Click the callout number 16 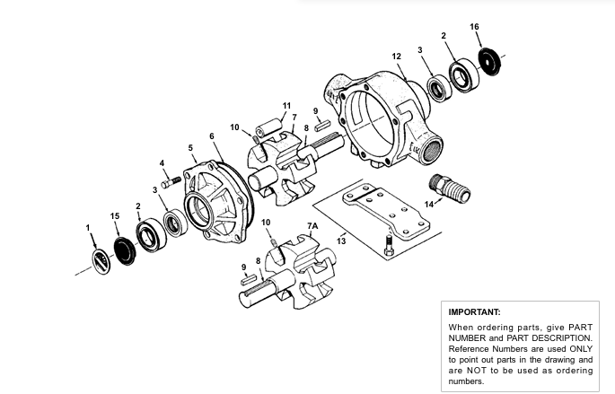[x=474, y=27]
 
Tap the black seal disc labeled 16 [x=490, y=62]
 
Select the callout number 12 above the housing [x=397, y=57]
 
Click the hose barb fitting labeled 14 [x=450, y=188]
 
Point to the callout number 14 [x=429, y=205]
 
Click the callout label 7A [x=312, y=226]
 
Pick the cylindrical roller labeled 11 [x=269, y=127]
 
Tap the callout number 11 [x=286, y=106]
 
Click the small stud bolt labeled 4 [x=171, y=182]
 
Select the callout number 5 [x=190, y=148]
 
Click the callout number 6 [x=212, y=136]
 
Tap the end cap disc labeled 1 [x=101, y=261]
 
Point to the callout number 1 [x=88, y=228]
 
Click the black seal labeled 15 [x=125, y=250]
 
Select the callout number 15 [x=115, y=216]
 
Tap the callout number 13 [x=341, y=241]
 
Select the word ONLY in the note [x=582, y=349]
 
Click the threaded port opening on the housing [x=432, y=151]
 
